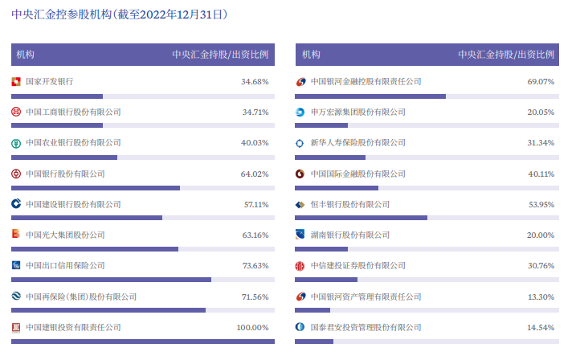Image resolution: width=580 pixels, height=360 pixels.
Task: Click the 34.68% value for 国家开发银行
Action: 255,81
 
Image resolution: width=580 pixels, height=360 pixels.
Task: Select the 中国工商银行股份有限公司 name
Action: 74,112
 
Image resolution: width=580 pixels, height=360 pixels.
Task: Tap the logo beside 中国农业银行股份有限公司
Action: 16,143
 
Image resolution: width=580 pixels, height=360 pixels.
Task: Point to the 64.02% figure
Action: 255,174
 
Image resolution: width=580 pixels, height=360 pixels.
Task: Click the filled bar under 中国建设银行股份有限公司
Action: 87,218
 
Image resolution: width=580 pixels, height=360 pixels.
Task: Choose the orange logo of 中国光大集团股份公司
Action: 16,234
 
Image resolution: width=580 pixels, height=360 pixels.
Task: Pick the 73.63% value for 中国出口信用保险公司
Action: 255,265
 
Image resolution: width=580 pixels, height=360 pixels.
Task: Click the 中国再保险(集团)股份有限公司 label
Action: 81,297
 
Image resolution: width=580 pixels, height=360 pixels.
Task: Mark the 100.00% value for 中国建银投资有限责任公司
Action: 252,327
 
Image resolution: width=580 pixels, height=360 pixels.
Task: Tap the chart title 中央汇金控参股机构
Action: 61,14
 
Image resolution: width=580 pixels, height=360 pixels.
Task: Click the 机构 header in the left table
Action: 26,55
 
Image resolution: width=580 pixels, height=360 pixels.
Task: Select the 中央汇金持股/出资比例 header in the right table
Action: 506,55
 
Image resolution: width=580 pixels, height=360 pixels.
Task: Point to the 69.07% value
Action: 541,81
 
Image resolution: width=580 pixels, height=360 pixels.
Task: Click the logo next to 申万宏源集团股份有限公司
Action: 300,112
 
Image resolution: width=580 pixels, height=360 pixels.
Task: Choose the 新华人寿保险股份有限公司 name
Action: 358,143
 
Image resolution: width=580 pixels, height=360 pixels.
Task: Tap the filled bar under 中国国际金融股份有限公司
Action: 337,188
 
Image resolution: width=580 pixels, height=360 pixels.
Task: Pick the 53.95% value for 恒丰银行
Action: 541,204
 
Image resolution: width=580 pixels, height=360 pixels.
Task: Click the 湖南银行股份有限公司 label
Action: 350,235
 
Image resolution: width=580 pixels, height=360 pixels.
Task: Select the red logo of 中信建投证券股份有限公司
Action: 300,266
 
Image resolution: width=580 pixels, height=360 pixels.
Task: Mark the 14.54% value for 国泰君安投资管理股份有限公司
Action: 541,327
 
